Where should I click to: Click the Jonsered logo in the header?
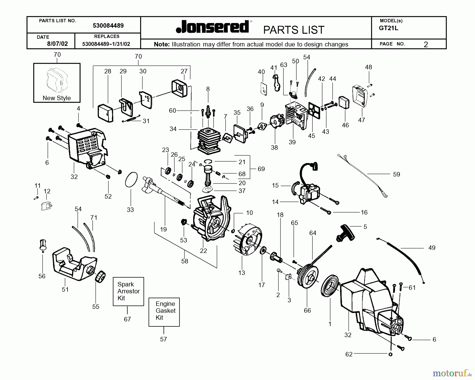click(212, 27)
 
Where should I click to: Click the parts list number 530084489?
click(108, 26)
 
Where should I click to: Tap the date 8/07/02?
click(57, 44)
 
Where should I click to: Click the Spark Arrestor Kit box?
click(128, 291)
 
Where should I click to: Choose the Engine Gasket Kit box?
click(164, 312)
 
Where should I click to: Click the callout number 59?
click(396, 175)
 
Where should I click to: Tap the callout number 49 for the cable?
click(432, 248)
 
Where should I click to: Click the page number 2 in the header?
click(426, 45)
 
